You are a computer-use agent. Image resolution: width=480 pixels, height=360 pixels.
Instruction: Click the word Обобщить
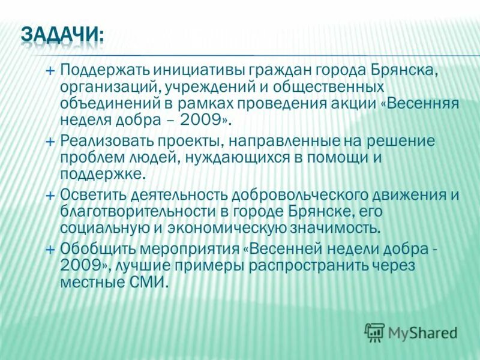pos(95,250)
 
